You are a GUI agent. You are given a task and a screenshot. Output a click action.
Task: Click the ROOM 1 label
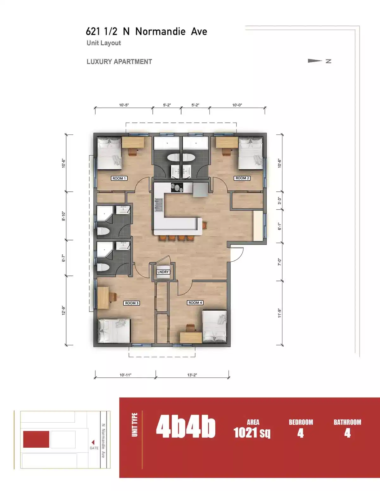119,178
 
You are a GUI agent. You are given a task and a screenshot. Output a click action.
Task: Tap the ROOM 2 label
242,178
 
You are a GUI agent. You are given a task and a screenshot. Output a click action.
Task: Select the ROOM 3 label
131,303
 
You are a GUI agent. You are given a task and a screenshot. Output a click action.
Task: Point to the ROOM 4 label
195,303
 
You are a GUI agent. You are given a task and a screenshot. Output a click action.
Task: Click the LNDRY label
163,272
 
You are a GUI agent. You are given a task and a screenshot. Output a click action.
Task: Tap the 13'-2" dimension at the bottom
192,375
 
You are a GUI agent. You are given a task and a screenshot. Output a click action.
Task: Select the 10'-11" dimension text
125,375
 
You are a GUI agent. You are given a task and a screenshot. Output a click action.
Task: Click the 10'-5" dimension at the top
124,105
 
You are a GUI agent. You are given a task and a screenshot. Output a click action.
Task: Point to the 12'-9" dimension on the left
64,310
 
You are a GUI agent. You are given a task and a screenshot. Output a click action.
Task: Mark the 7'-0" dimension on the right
279,262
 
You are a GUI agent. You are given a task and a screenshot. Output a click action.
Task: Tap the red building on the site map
36,439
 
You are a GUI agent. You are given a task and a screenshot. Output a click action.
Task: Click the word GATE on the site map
94,448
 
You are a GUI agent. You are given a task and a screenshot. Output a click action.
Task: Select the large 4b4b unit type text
186,427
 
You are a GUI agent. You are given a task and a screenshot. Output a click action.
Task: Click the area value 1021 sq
252,432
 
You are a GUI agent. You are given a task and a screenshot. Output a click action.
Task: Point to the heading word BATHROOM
347,422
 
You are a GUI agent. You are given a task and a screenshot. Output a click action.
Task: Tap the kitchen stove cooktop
177,187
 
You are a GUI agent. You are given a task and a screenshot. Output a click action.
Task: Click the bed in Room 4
214,326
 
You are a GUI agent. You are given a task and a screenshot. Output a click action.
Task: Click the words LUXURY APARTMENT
119,62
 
